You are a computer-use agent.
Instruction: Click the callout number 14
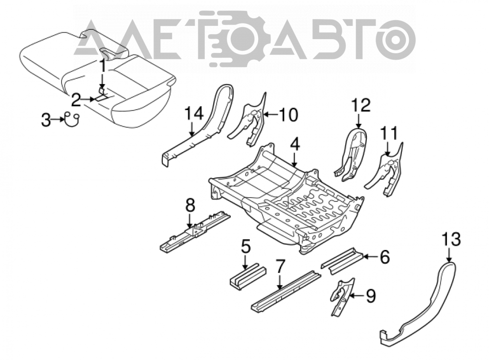coord(194,114)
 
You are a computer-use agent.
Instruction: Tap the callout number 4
coord(295,145)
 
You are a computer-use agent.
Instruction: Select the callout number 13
coord(451,240)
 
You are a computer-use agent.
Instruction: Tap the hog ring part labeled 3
coord(72,120)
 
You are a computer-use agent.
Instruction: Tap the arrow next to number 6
coord(370,257)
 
